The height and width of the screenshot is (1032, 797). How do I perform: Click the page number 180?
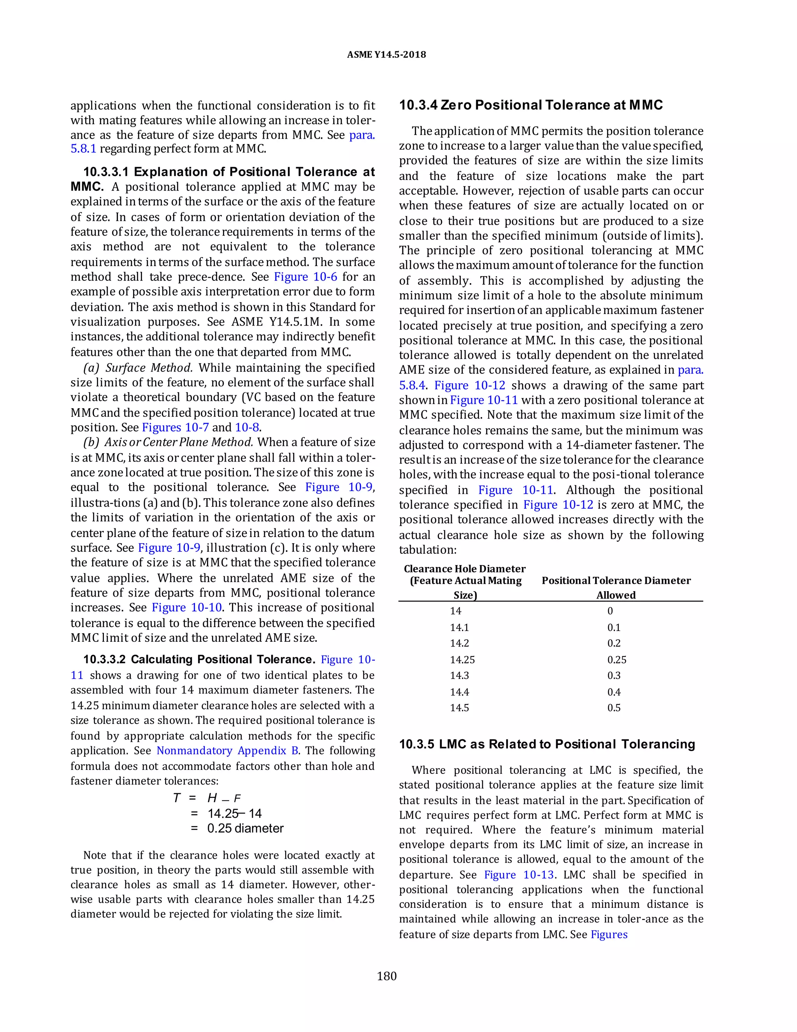click(387, 976)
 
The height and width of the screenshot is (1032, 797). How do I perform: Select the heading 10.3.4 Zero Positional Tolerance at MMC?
click(531, 105)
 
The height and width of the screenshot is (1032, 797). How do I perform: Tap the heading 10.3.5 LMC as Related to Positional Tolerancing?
click(547, 744)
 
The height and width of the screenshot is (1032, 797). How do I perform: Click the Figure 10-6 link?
click(305, 277)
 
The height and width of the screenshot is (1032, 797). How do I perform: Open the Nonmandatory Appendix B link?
click(227, 751)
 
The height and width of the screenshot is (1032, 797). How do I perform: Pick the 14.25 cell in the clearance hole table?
click(462, 660)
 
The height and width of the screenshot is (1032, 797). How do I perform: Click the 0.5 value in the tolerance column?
click(614, 708)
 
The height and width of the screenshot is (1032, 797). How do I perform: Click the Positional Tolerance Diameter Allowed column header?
click(616, 587)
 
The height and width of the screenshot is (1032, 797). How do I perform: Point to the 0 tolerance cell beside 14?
click(610, 611)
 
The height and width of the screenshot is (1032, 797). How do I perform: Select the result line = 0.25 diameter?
click(237, 828)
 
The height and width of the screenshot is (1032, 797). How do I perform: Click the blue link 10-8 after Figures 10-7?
click(247, 428)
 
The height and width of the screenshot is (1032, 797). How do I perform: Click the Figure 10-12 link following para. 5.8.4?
click(469, 386)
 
